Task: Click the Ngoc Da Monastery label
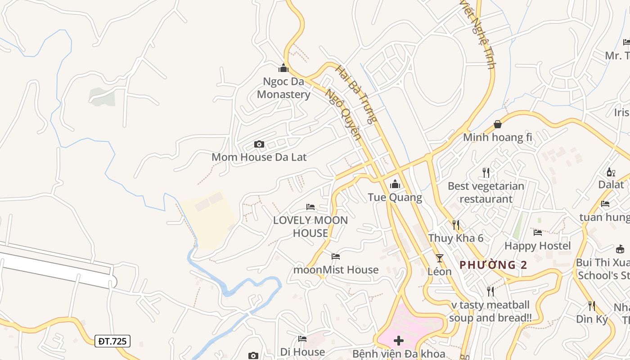tap(283, 88)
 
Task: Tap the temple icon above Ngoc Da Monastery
tap(283, 68)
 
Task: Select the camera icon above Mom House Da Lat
tap(259, 144)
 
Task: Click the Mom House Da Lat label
tap(259, 157)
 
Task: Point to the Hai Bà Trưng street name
tap(356, 94)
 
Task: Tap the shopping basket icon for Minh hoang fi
tap(498, 124)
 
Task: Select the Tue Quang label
tap(395, 197)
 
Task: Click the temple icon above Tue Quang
tap(395, 184)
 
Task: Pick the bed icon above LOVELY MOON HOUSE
tap(310, 207)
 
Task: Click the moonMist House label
tap(336, 270)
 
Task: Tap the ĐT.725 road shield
tap(112, 341)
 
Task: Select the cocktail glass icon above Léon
tap(440, 258)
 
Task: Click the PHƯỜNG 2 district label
tap(493, 265)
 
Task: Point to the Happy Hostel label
tap(537, 246)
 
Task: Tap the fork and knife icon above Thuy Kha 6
tap(456, 225)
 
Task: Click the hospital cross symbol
tap(399, 340)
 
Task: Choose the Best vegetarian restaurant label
tap(486, 192)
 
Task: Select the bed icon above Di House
tap(302, 339)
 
